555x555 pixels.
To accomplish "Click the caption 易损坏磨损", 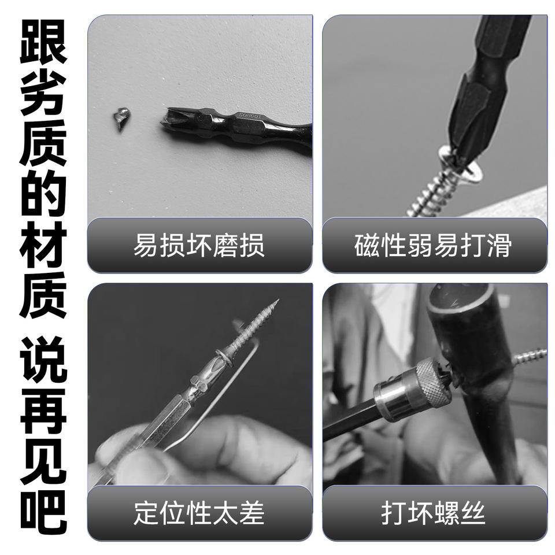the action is (x=199, y=245).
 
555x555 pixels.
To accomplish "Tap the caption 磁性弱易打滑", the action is (x=433, y=245).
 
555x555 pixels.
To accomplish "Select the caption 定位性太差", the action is (x=199, y=513).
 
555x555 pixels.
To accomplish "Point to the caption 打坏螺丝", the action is (x=433, y=513).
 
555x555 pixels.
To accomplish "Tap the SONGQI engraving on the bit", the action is (x=250, y=116).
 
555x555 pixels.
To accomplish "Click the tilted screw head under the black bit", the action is (x=460, y=165).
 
